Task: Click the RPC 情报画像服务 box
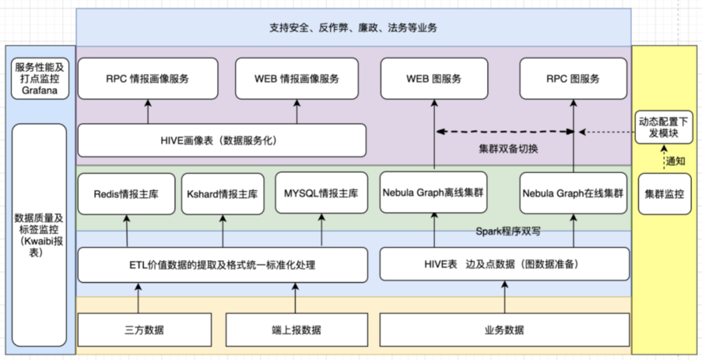pos(148,80)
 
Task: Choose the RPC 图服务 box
pos(573,80)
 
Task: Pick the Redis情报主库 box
pos(126,193)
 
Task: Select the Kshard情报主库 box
pos(223,193)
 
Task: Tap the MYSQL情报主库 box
pos(321,193)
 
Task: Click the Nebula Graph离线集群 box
pos(434,193)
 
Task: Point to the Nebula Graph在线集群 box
pos(574,193)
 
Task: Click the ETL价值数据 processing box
pos(222,264)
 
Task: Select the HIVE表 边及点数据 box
pos(505,264)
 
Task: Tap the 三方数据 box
pos(145,329)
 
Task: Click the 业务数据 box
pos(505,329)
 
